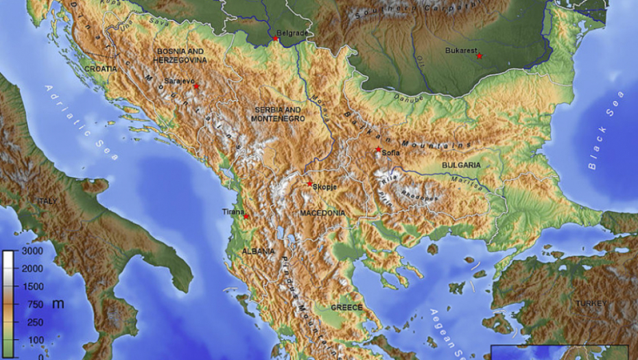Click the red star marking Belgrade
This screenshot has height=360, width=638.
[x=276, y=38]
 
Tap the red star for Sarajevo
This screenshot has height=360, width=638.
[x=196, y=86]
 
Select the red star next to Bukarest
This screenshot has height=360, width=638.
[x=480, y=56]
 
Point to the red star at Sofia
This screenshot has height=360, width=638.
[x=378, y=149]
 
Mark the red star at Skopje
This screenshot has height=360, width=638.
[x=309, y=183]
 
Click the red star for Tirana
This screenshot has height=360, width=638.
[x=246, y=216]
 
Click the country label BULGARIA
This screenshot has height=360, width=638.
[x=461, y=165]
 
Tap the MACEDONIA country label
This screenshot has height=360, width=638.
[x=322, y=213]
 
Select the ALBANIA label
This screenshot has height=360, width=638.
[x=258, y=252]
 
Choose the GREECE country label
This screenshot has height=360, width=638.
[x=346, y=308]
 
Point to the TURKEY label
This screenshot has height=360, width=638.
[x=591, y=303]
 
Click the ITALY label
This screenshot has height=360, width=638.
[x=47, y=201]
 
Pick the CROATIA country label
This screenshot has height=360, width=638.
[x=102, y=69]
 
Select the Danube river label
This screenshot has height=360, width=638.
[x=405, y=98]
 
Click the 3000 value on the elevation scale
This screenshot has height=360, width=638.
[x=33, y=251]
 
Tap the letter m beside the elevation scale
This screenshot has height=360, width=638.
[x=58, y=303]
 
